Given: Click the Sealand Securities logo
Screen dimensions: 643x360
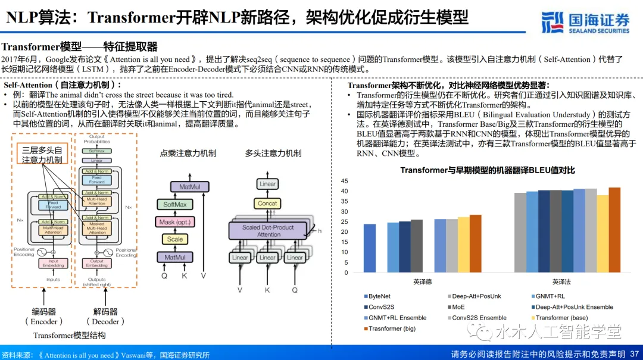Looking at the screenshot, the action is point(586,22).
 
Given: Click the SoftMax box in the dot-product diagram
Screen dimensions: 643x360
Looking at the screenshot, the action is point(175,204).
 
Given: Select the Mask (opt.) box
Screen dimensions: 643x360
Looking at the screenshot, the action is point(175,222).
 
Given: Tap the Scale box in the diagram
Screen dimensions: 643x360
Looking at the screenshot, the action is point(175,239).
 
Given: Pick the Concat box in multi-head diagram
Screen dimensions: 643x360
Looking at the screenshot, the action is point(267,203).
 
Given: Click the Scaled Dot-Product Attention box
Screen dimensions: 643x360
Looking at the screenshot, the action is point(268,231).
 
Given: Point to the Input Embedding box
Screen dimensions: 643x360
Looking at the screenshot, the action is point(53,263).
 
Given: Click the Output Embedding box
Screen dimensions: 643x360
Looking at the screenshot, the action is point(96,263).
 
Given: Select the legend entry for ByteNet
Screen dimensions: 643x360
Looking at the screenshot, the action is point(379,296).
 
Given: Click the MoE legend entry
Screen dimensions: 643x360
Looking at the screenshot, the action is point(458,307).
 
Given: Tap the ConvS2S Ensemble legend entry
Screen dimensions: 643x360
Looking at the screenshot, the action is point(479,318).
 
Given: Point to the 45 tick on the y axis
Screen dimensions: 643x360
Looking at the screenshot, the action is point(344,181).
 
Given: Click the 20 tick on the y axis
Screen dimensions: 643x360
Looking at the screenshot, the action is point(344,232).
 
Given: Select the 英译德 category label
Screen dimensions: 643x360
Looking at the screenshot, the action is point(423,282).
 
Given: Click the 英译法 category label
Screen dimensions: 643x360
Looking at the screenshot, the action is point(561,282).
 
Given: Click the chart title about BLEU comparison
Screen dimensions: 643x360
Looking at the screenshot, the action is point(487,170).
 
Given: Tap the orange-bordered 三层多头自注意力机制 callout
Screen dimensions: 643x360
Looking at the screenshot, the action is point(42,155).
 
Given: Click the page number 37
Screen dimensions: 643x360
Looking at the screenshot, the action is point(635,354).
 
